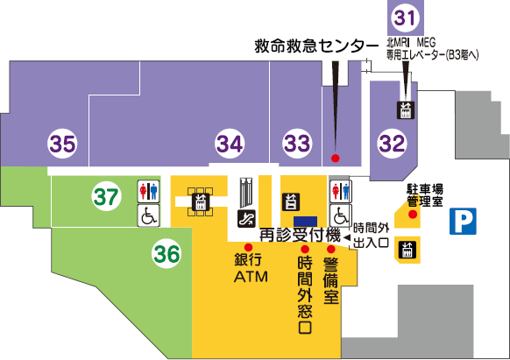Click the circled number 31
[x=404, y=17]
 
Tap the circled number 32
[x=393, y=141]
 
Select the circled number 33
[x=297, y=141]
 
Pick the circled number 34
[x=230, y=141]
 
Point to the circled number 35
[x=62, y=141]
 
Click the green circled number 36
[x=167, y=254]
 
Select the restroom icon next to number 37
[x=147, y=191]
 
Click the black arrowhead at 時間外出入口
[x=346, y=236]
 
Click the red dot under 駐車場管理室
[x=410, y=215]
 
